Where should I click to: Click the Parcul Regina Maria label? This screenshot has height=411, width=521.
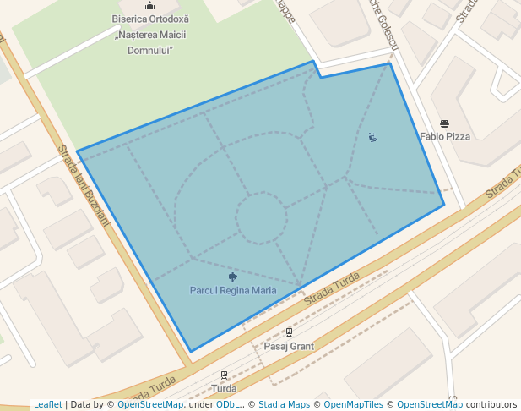(x=233, y=290)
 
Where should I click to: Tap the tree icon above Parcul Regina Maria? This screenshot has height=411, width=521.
(x=233, y=277)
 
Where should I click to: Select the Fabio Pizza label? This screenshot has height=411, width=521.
(x=445, y=136)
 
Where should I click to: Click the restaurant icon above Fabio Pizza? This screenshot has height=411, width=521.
(x=445, y=123)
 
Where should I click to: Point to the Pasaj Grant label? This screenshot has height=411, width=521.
(x=289, y=347)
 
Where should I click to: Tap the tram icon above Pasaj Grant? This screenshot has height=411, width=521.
(x=289, y=333)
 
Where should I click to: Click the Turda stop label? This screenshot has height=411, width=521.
(x=224, y=389)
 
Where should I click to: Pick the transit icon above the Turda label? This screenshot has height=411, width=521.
(x=224, y=375)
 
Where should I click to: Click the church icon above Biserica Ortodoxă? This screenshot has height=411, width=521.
(x=150, y=6)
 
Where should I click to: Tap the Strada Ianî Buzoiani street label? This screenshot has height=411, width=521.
(x=84, y=185)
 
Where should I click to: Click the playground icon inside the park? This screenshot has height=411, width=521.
(x=372, y=137)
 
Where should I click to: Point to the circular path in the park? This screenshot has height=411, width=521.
(x=261, y=217)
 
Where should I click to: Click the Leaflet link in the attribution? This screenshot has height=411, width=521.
(x=48, y=404)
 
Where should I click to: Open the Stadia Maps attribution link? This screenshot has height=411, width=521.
(x=284, y=404)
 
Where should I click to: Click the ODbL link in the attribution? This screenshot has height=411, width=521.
(x=228, y=404)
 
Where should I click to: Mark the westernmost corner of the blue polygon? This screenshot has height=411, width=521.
(x=78, y=151)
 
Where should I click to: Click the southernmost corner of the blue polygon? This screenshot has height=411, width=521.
(x=191, y=351)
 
